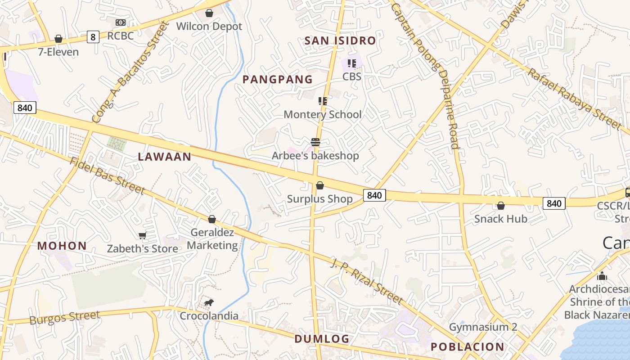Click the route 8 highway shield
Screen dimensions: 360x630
pyautogui.click(x=93, y=37)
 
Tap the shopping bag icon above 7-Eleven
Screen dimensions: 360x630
pyautogui.click(x=58, y=39)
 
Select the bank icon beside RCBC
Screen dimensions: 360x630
pyautogui.click(x=120, y=22)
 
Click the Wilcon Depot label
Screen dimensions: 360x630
pyautogui.click(x=209, y=26)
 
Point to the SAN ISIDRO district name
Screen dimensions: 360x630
pyautogui.click(x=340, y=40)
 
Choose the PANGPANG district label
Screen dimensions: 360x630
pyautogui.click(x=277, y=80)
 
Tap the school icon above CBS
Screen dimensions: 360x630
pyautogui.click(x=351, y=63)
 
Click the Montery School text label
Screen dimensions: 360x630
pyautogui.click(x=322, y=114)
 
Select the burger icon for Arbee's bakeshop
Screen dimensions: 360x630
pyautogui.click(x=315, y=143)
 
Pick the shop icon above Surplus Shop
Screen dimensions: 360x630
pyautogui.click(x=319, y=185)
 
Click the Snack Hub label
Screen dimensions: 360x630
pyautogui.click(x=500, y=219)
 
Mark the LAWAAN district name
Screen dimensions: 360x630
pyautogui.click(x=164, y=157)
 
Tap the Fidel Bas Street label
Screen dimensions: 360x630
pyautogui.click(x=107, y=176)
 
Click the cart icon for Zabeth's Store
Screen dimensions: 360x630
pyautogui.click(x=143, y=235)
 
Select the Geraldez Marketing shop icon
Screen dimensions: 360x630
pyautogui.click(x=212, y=219)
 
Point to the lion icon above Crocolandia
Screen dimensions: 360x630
pyautogui.click(x=208, y=303)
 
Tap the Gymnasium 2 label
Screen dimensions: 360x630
pyautogui.click(x=483, y=327)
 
